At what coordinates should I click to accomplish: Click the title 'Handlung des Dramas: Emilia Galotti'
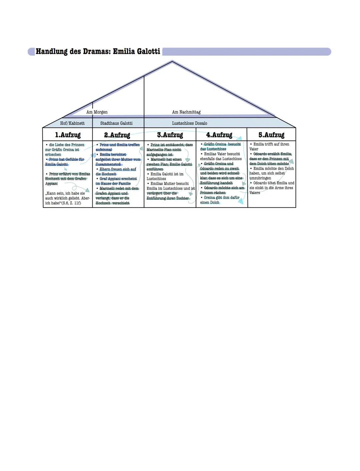tap(98, 51)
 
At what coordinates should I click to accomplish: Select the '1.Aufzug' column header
tap(68, 135)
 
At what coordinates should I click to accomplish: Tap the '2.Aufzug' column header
tap(117, 135)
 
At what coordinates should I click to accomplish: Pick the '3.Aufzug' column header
tap(170, 135)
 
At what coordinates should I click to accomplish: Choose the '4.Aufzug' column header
tap(219, 135)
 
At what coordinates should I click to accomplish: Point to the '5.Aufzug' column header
tap(271, 135)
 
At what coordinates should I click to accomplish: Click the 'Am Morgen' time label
tap(97, 112)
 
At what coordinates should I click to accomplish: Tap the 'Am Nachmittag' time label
tap(186, 112)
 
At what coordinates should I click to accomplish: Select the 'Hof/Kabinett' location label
tap(72, 123)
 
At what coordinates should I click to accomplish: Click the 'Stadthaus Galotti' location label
tap(116, 123)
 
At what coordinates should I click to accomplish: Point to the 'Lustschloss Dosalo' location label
tap(190, 123)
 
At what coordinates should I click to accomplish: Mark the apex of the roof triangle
tap(172, 61)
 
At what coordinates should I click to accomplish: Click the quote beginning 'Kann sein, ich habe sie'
tap(67, 198)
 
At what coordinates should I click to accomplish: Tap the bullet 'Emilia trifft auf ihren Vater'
tap(270, 146)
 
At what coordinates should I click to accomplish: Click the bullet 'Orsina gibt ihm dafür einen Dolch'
tap(220, 200)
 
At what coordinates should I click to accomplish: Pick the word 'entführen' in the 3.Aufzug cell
tap(155, 169)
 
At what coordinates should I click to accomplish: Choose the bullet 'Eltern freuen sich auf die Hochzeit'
tap(116, 171)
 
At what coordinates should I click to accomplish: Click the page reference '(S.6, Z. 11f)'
tap(71, 203)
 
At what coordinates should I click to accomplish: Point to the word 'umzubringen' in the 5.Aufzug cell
tap(260, 178)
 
